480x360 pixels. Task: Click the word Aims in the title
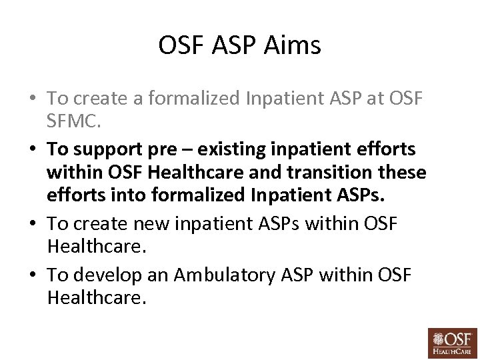pos(293,46)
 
